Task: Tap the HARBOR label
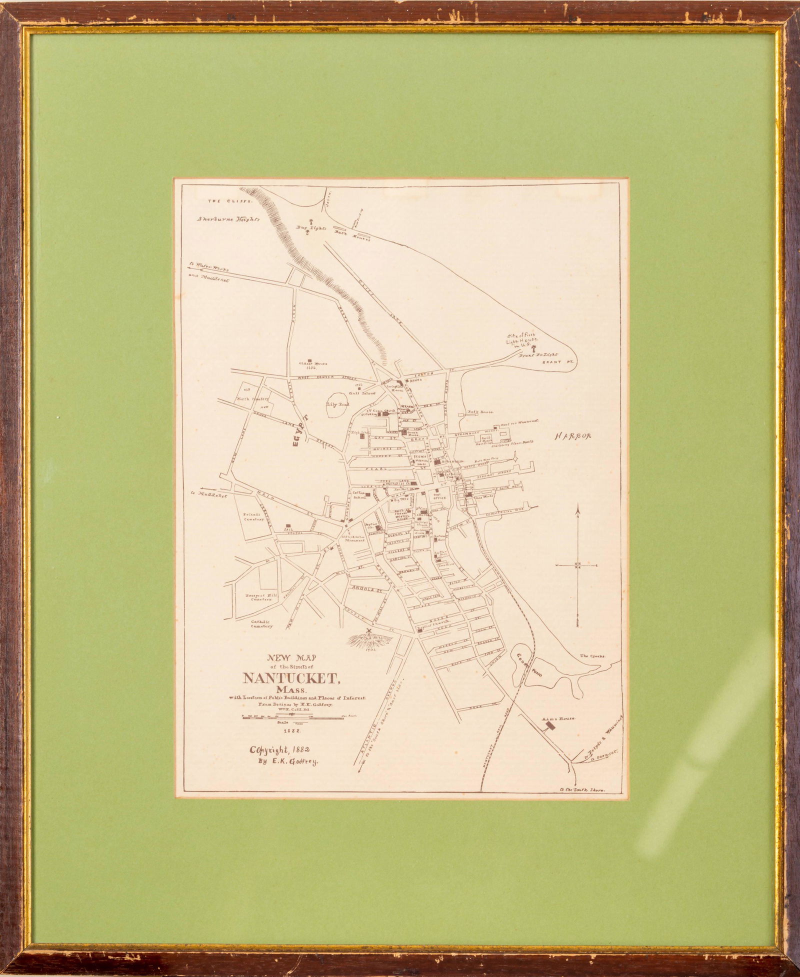[x=572, y=436]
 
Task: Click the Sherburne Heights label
[x=228, y=219]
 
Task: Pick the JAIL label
[x=287, y=528]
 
